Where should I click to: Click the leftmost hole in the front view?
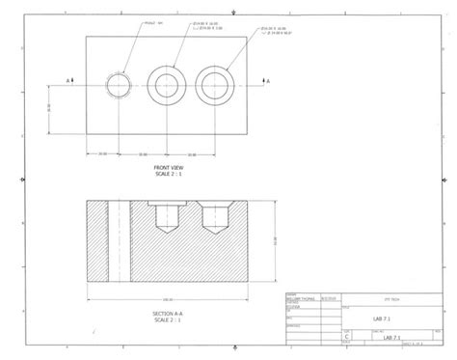coord(119,84)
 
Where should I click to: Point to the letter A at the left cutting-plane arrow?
coord(68,80)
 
